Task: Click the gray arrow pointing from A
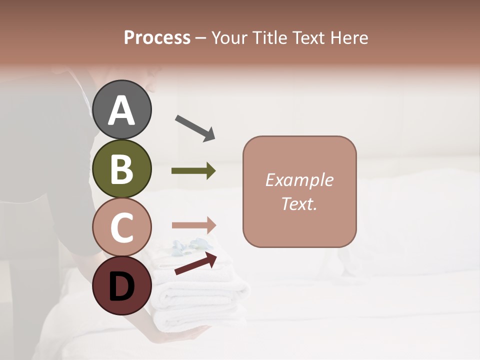point(194,128)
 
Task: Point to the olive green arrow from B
point(193,171)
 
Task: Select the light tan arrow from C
point(194,225)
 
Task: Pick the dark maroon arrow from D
point(195,263)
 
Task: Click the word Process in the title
point(157,38)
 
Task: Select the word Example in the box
point(299,180)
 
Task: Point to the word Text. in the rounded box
point(299,203)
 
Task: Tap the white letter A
point(122,110)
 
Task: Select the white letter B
point(122,168)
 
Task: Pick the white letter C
point(122,227)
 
